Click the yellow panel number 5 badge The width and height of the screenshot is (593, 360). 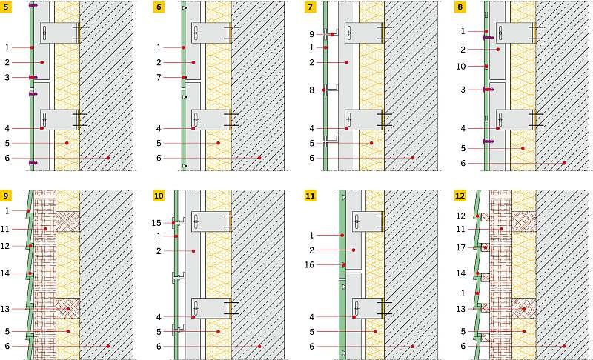[6, 7]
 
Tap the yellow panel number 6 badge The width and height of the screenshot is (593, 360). [159, 7]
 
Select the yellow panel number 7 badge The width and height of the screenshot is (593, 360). [310, 7]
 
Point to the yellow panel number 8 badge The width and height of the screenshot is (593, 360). [460, 7]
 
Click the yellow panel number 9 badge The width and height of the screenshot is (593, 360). [6, 196]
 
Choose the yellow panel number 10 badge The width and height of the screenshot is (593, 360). [159, 196]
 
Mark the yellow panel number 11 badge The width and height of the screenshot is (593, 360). [310, 196]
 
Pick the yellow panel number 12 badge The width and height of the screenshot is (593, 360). [460, 196]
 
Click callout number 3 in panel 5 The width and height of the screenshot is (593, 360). [7, 78]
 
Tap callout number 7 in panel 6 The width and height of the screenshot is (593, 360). [159, 78]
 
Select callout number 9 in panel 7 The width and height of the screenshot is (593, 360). [311, 34]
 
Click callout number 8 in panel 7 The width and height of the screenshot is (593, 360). [311, 90]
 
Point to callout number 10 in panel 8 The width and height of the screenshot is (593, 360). [460, 67]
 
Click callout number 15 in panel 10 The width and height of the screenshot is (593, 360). [156, 223]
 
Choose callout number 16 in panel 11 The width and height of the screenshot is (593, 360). [309, 264]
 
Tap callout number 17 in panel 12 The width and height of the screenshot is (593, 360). [460, 248]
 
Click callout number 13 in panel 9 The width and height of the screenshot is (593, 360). [5, 309]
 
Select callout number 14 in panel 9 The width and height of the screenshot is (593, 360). [5, 273]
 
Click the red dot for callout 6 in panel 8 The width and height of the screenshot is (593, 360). [564, 163]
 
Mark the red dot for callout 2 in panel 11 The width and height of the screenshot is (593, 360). [354, 250]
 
